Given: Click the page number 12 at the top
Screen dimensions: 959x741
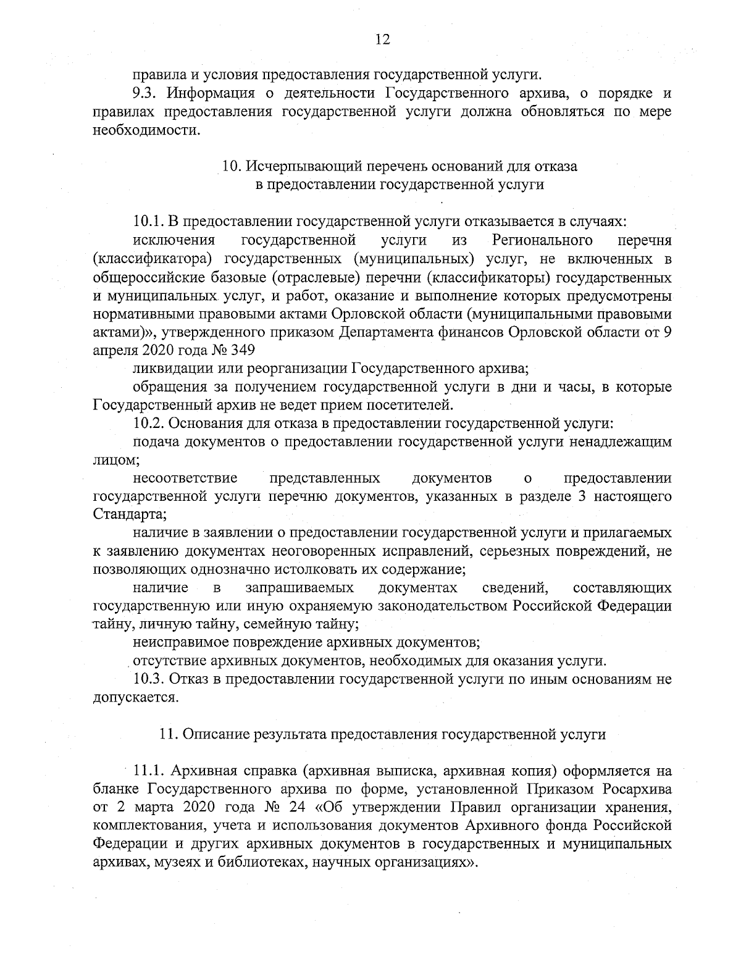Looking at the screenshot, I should (382, 40).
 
